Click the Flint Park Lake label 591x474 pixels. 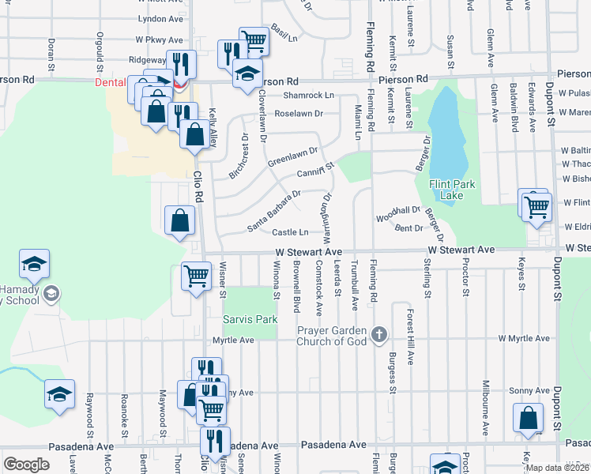pyautogui.click(x=454, y=190)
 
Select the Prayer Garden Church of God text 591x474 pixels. pyautogui.click(x=333, y=336)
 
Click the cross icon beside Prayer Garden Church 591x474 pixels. pyautogui.click(x=379, y=335)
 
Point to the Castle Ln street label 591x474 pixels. pyautogui.click(x=290, y=232)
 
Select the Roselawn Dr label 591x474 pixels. pyautogui.click(x=299, y=114)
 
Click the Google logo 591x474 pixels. pyautogui.click(x=26, y=465)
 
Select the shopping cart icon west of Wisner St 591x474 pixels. pyautogui.click(x=195, y=276)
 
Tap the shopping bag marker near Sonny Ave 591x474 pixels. pyautogui.click(x=528, y=418)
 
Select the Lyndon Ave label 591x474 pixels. pyautogui.click(x=154, y=18)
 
